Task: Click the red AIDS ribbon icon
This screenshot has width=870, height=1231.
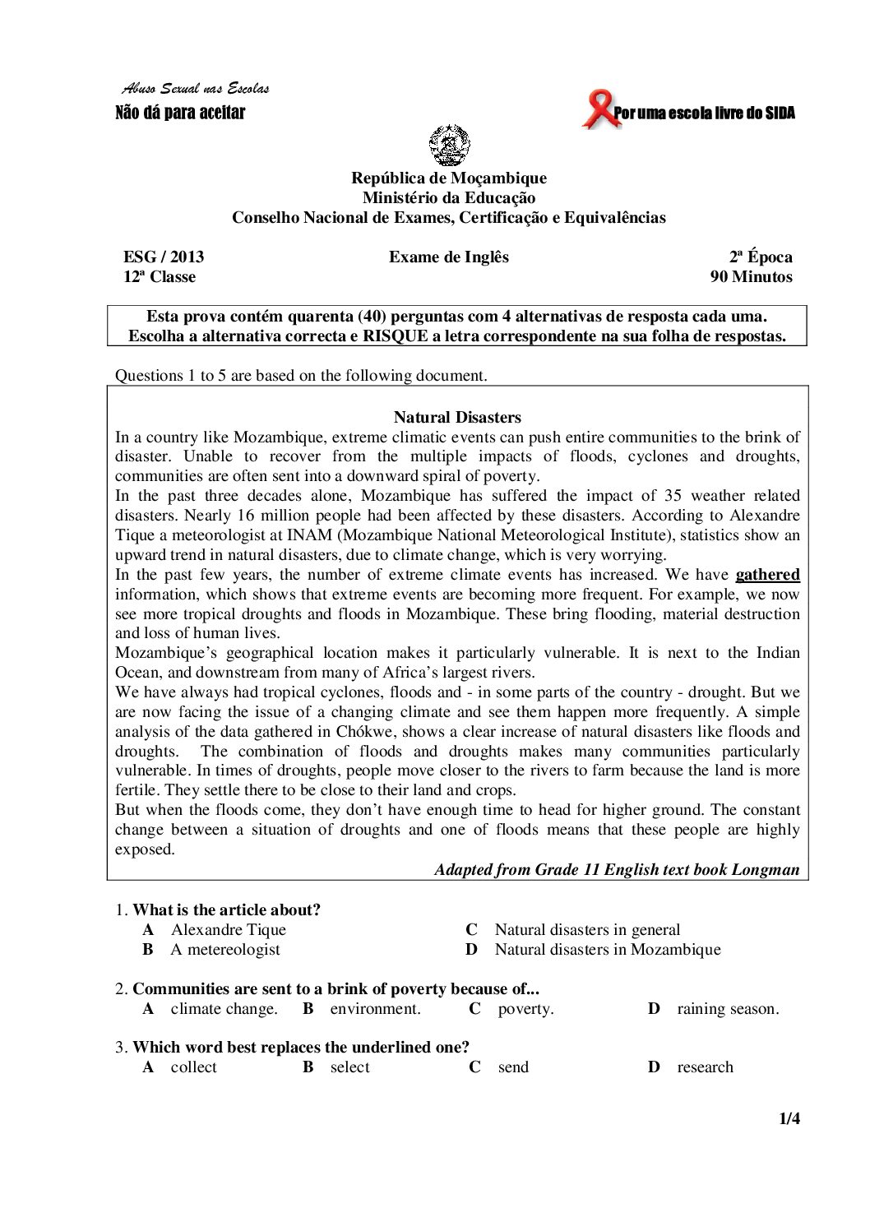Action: (599, 110)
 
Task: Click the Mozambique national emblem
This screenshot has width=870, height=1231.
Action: (449, 146)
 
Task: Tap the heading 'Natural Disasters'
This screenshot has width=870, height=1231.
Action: (457, 417)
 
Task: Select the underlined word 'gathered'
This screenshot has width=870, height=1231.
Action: (767, 575)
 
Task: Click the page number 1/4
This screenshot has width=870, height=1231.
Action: (789, 1118)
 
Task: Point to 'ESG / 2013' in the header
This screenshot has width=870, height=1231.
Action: (164, 257)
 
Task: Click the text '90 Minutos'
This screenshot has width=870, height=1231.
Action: (751, 276)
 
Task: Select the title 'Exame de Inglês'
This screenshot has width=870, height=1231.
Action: (449, 257)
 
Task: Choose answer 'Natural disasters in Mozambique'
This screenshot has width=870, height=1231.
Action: (607, 949)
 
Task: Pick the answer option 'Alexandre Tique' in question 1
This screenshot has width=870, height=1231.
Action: (228, 929)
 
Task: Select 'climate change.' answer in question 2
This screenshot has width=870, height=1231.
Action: (224, 1008)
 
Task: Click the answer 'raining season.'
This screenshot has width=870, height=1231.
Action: (728, 1008)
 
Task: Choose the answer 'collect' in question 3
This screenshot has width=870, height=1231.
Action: (193, 1067)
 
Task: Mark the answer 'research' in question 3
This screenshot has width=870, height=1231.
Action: (705, 1067)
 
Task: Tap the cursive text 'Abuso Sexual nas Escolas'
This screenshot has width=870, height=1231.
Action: (196, 89)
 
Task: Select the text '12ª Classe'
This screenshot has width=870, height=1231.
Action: (160, 276)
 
